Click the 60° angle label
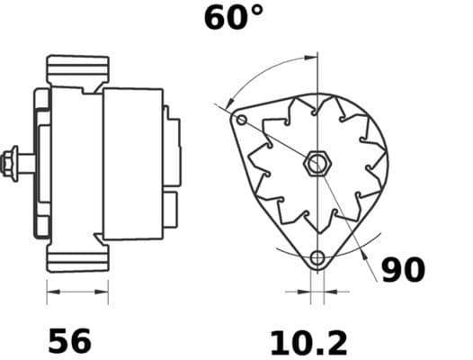click(234, 17)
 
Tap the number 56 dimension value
click(69, 341)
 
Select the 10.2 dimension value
click(308, 342)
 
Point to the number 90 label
click(403, 270)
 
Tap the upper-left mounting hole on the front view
click(240, 120)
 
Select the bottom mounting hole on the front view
click(317, 259)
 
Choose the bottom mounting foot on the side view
click(77, 258)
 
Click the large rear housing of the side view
click(132, 163)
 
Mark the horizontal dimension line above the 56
click(77, 292)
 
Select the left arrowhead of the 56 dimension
click(51, 292)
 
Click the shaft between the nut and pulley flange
click(29, 164)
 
